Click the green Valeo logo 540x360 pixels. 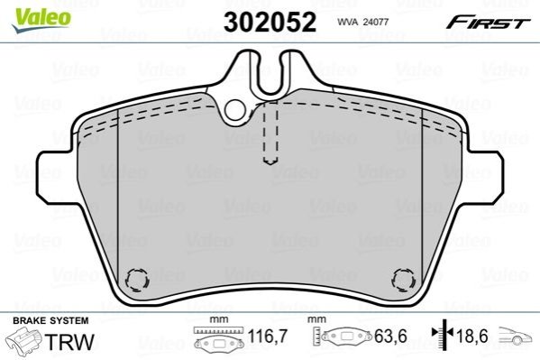tap(41, 20)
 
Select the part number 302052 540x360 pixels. tap(270, 22)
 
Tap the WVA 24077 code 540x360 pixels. tap(363, 22)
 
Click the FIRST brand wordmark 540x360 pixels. tap(488, 23)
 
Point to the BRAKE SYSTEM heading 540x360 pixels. tap(50, 320)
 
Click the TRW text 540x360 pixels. tap(69, 342)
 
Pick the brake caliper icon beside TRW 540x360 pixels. tap(25, 341)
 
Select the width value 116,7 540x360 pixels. tap(268, 336)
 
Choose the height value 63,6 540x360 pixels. tap(390, 336)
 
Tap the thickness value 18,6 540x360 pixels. tap(472, 336)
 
